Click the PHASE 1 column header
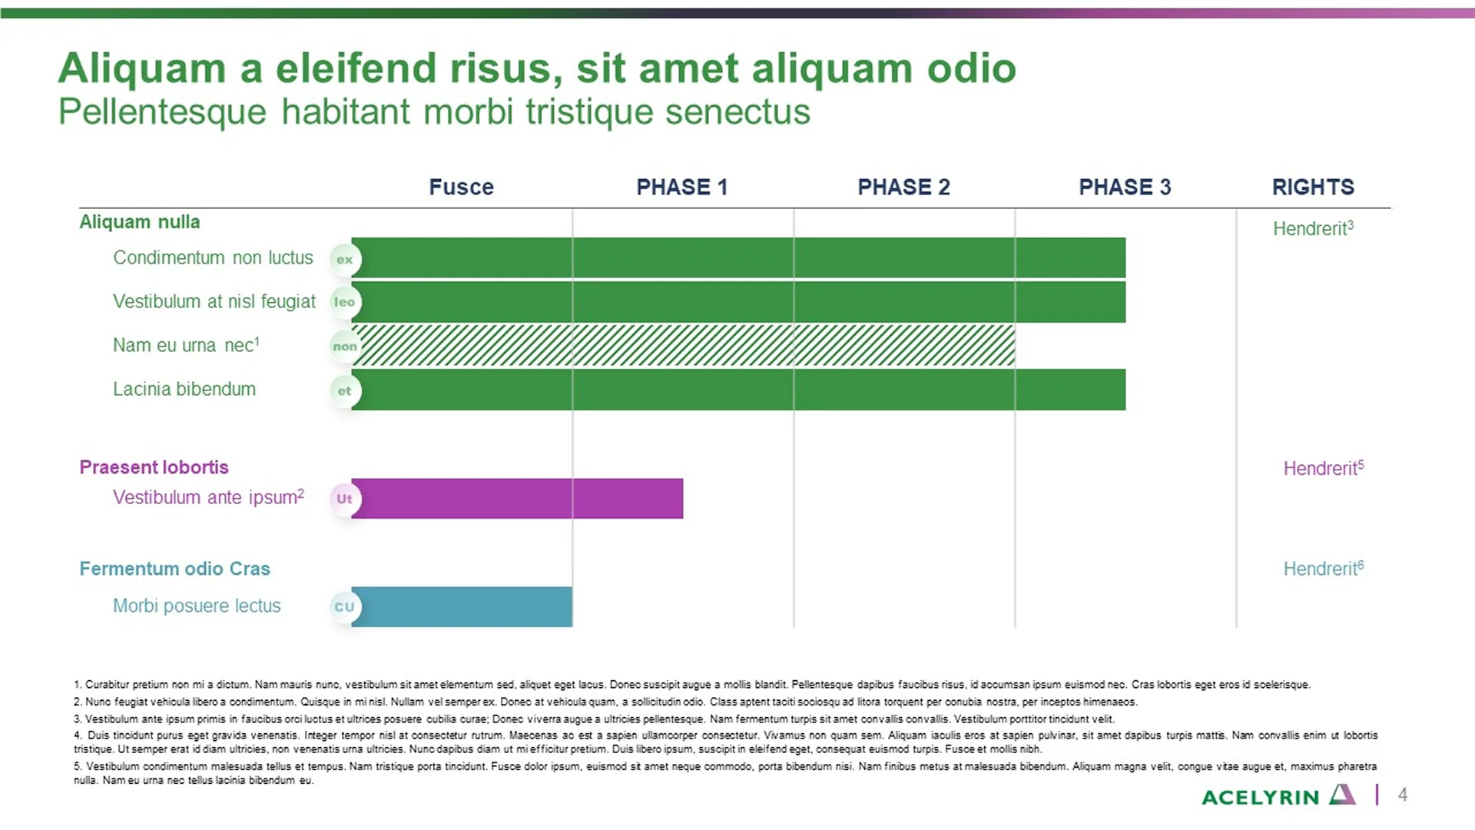click(x=681, y=187)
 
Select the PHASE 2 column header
click(x=903, y=187)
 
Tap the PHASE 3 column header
click(x=1125, y=187)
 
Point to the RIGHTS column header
click(x=1313, y=187)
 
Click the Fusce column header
click(x=461, y=187)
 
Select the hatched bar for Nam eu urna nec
click(x=684, y=345)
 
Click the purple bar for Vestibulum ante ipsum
click(x=517, y=498)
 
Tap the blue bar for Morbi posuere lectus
click(x=462, y=606)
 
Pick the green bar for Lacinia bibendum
click(x=738, y=390)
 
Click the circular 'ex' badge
click(x=345, y=260)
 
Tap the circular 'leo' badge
click(x=345, y=302)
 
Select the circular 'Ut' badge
click(x=345, y=499)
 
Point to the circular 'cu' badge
click(x=345, y=607)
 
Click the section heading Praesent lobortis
click(x=154, y=467)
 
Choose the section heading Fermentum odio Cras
click(x=174, y=569)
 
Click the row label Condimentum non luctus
click(x=213, y=257)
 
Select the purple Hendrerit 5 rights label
click(x=1323, y=468)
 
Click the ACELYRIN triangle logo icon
click(x=1342, y=795)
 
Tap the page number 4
click(x=1403, y=795)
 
